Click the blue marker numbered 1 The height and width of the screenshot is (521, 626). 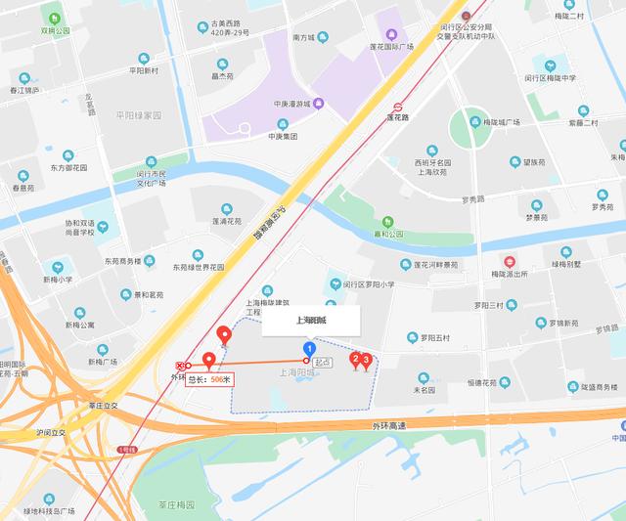[x=310, y=348]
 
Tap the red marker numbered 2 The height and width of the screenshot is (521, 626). [x=356, y=359]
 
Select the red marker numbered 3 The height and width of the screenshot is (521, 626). [x=367, y=362]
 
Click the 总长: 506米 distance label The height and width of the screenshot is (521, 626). [x=209, y=379]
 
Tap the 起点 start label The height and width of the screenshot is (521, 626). [x=321, y=363]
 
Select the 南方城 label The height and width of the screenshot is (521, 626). [x=303, y=37]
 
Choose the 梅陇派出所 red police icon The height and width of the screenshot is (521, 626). [x=508, y=262]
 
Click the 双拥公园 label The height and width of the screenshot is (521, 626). [x=56, y=30]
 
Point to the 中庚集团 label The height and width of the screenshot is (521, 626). [x=283, y=137]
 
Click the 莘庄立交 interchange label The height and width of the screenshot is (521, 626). [x=103, y=405]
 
